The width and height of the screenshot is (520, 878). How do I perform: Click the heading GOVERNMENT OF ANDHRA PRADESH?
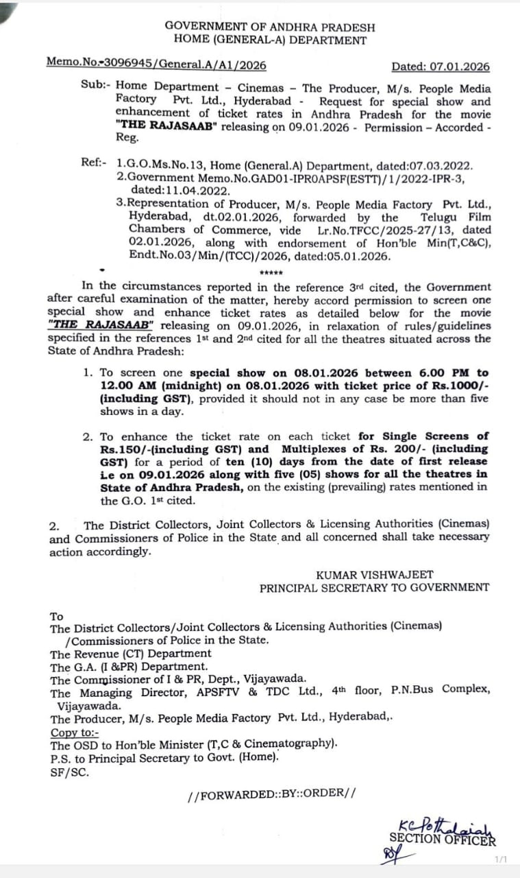click(270, 27)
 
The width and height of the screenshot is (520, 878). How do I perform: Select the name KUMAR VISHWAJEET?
click(375, 575)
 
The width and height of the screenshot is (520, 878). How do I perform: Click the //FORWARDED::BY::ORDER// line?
click(271, 794)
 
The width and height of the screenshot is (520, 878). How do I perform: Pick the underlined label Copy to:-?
click(74, 732)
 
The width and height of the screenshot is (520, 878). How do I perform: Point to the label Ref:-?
click(94, 165)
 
